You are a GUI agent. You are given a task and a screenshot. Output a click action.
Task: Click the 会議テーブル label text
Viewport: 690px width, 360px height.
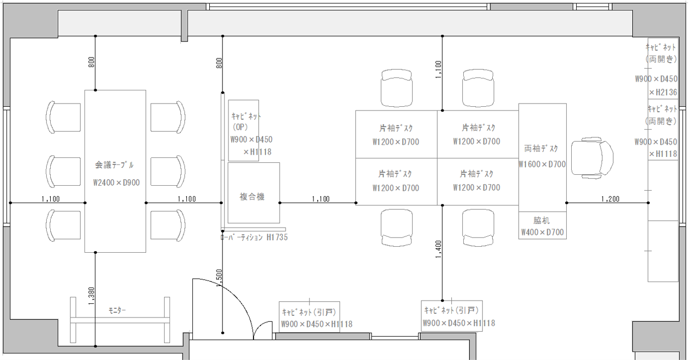[114, 165]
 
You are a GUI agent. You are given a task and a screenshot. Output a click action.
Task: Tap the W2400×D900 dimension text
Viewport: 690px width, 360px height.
[117, 183]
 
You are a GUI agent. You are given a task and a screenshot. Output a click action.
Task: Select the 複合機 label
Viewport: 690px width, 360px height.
[252, 197]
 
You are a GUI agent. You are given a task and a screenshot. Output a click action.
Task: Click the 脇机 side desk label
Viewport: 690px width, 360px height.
[541, 221]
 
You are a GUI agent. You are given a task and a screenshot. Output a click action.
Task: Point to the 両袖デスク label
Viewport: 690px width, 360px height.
[541, 149]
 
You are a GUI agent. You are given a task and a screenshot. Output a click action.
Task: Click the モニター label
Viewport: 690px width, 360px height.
[117, 311]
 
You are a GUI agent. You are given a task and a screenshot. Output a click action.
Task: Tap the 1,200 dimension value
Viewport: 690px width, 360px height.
[610, 199]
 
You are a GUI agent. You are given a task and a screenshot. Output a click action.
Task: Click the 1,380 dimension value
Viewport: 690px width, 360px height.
[92, 296]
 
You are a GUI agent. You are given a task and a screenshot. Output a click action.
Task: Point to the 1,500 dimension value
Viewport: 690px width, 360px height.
[219, 278]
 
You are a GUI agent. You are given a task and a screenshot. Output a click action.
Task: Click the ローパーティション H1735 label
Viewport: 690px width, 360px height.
[254, 237]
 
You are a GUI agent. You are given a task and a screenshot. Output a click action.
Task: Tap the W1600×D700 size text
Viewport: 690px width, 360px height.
[542, 164]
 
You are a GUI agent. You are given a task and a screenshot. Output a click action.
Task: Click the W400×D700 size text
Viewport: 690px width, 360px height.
[542, 233]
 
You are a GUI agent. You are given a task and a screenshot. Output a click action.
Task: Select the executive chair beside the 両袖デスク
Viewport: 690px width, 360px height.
[592, 158]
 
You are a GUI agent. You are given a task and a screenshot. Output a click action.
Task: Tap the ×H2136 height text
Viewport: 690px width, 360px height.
[663, 92]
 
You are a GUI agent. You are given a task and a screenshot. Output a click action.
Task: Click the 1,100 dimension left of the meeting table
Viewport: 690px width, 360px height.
[51, 199]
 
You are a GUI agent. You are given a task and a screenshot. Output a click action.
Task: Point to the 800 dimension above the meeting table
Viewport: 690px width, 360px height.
[92, 62]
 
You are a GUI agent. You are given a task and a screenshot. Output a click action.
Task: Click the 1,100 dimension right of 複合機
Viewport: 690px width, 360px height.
[320, 199]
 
